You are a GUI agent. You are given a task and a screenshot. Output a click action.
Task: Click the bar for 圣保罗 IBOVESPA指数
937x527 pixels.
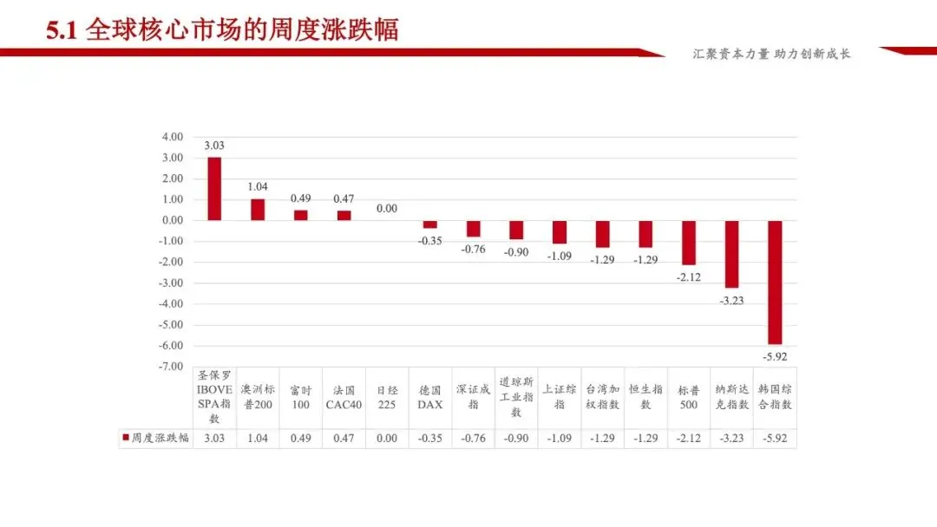coord(214,189)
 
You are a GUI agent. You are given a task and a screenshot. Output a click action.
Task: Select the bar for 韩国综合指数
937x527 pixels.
coord(775,282)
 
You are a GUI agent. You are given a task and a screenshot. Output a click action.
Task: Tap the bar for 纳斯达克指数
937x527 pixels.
coord(731,254)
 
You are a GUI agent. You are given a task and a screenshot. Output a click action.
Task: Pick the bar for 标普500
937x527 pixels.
coord(689,243)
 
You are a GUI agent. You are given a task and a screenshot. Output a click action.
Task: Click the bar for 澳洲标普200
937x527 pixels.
coord(258,210)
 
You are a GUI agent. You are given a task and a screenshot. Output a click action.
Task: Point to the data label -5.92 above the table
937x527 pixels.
coord(775,356)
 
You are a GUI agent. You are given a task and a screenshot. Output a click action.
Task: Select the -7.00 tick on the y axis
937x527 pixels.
coord(172,367)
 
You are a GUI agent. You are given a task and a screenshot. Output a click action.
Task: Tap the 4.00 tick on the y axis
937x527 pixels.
coord(172,137)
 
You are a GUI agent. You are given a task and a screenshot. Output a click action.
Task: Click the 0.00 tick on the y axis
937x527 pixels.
coord(172,220)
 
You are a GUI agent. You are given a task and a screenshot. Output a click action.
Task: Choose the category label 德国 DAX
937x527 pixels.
coord(430,397)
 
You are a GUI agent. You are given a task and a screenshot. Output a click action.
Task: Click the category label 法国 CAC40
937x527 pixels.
coord(344,397)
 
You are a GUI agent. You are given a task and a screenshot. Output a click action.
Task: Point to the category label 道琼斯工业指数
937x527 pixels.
coord(516,397)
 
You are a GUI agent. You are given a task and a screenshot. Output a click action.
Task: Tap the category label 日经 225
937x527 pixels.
coord(387,397)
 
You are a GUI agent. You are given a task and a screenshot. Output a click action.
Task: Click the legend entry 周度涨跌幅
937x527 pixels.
coord(155,439)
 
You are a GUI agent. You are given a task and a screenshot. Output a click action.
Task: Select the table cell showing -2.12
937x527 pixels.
coord(689,439)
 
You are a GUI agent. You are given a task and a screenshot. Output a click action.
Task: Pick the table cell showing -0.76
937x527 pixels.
coord(474,439)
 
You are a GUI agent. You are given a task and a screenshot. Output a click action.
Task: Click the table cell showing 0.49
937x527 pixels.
coord(301,439)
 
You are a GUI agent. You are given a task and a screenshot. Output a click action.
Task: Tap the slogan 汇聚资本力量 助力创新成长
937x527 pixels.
coord(772,54)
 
